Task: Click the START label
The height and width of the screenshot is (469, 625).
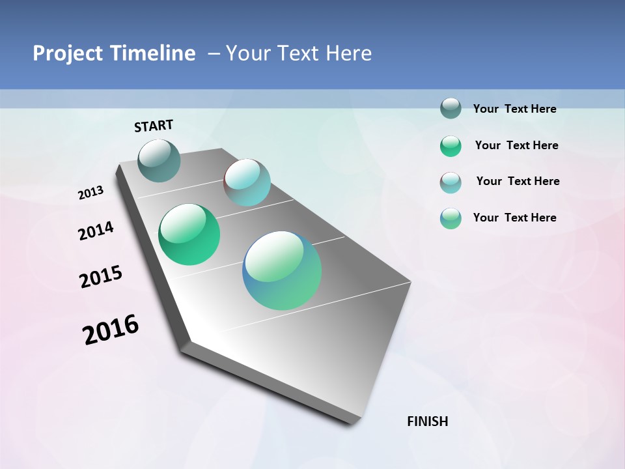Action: click(x=154, y=126)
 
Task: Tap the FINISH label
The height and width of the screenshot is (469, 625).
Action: click(x=428, y=421)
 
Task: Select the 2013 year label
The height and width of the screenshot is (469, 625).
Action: click(x=91, y=193)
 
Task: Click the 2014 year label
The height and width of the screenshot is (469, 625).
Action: click(x=96, y=231)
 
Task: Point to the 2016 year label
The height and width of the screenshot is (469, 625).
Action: click(x=111, y=329)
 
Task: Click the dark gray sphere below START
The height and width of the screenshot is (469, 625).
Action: click(x=160, y=160)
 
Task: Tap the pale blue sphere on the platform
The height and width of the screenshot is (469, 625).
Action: click(x=247, y=182)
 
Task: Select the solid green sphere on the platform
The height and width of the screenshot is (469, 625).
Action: click(x=189, y=234)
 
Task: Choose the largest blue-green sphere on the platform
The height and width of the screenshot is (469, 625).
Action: click(x=282, y=270)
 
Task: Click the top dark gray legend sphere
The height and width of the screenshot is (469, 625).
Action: click(x=451, y=108)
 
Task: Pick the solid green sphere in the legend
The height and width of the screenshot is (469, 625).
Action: click(x=451, y=146)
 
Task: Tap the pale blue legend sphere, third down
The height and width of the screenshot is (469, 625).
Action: click(x=451, y=182)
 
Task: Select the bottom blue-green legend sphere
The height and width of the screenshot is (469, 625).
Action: click(x=451, y=218)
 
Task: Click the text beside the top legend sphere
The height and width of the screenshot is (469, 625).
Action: click(x=515, y=109)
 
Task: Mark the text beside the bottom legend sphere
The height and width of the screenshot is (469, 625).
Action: click(x=515, y=218)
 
